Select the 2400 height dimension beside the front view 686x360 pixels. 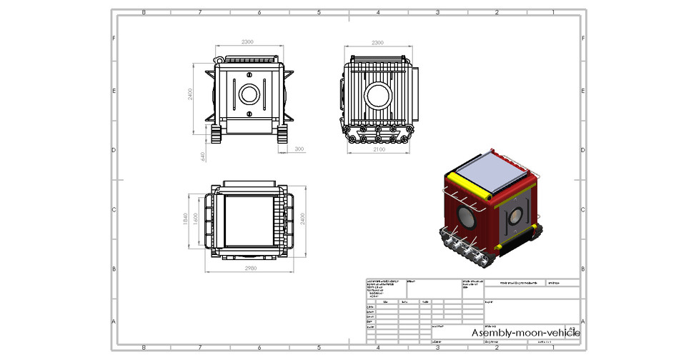[191, 94]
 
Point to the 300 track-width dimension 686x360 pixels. [299, 149]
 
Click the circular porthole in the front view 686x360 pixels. [249, 94]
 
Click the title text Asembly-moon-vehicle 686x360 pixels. [525, 333]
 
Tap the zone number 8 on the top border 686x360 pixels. [144, 12]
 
